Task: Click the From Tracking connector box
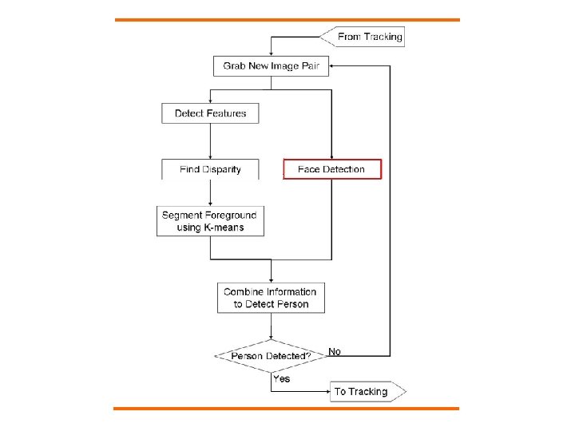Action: click(x=363, y=37)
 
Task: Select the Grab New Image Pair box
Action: click(x=271, y=65)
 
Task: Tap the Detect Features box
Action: click(x=210, y=113)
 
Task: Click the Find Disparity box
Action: click(x=210, y=169)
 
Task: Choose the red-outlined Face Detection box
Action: click(x=332, y=169)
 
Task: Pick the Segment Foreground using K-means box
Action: click(x=211, y=221)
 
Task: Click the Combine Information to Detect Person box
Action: click(x=271, y=298)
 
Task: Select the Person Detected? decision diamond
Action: click(x=271, y=355)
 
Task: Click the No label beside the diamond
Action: click(x=335, y=351)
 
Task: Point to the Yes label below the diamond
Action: click(x=281, y=378)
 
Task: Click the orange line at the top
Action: click(x=287, y=19)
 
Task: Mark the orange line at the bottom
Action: click(x=287, y=409)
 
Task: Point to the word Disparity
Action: click(x=220, y=169)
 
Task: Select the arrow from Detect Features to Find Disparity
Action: click(x=210, y=141)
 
